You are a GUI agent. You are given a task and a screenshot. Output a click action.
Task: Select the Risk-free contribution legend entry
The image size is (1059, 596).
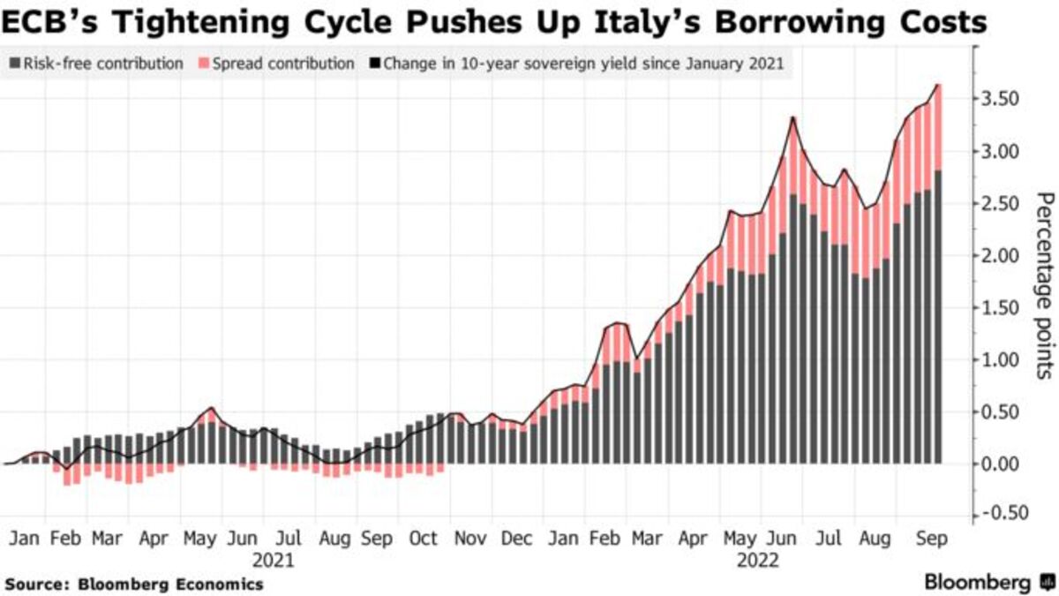click(97, 64)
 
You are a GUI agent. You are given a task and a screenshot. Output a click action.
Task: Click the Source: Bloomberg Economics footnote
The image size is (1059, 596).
click(134, 584)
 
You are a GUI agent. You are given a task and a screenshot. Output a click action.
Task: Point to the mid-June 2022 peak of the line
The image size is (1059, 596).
click(794, 117)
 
